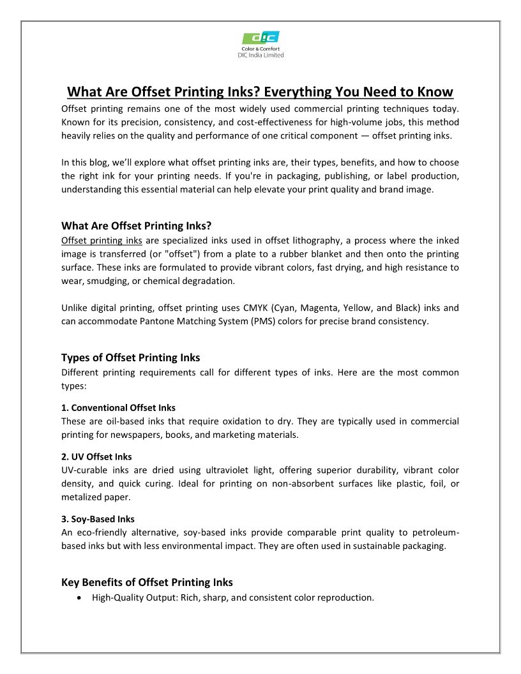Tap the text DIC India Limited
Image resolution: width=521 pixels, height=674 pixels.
pyautogui.click(x=260, y=55)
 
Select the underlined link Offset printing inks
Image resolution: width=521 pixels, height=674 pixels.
pyautogui.click(x=102, y=241)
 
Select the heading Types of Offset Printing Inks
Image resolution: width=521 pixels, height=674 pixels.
pyautogui.click(x=130, y=357)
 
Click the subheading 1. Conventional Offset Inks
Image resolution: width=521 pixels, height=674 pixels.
pyautogui.click(x=118, y=407)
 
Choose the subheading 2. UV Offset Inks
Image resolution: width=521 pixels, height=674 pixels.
pyautogui.click(x=96, y=457)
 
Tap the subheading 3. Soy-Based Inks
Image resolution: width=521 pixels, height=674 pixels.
pyautogui.click(x=98, y=519)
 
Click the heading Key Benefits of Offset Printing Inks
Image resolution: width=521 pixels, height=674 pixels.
pyautogui.click(x=147, y=582)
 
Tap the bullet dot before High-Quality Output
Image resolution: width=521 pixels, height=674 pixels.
pyautogui.click(x=79, y=598)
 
